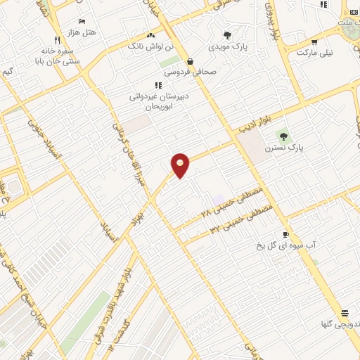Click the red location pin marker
click(x=181, y=164)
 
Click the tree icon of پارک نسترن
click(x=283, y=136)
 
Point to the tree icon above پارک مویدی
click(x=226, y=35)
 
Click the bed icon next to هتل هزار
click(x=82, y=22)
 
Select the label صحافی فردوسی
click(x=192, y=71)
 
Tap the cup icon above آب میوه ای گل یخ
click(x=285, y=235)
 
